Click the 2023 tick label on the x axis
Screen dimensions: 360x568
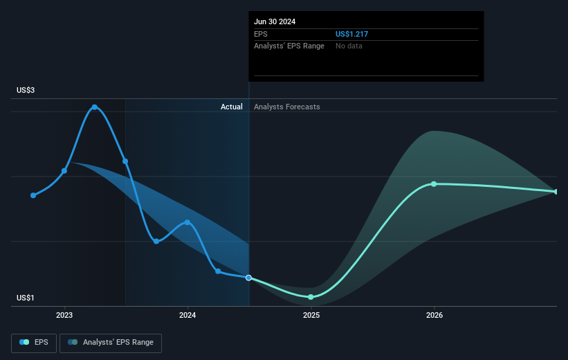pyautogui.click(x=64, y=315)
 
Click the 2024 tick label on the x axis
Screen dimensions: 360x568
pyautogui.click(x=187, y=315)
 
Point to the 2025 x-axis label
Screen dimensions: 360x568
pyautogui.click(x=311, y=315)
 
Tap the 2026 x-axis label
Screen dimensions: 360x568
pyautogui.click(x=434, y=315)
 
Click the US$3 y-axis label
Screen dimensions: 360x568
pyautogui.click(x=28, y=91)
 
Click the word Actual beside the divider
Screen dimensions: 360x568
pyautogui.click(x=232, y=107)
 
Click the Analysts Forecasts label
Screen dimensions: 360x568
pyautogui.click(x=287, y=107)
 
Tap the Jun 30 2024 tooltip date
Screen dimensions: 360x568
pyautogui.click(x=275, y=21)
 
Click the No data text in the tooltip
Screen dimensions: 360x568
pyautogui.click(x=349, y=46)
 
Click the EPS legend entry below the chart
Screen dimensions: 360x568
pyautogui.click(x=34, y=342)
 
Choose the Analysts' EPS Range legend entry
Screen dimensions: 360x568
pyautogui.click(x=111, y=342)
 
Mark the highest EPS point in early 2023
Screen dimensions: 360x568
pyautogui.click(x=95, y=107)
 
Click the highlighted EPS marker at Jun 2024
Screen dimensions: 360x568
pyautogui.click(x=249, y=278)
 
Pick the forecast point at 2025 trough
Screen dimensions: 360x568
pyautogui.click(x=311, y=296)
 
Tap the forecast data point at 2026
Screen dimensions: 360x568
pyautogui.click(x=434, y=184)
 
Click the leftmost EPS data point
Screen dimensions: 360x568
pyautogui.click(x=33, y=195)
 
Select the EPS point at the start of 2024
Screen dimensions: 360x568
pyautogui.click(x=187, y=222)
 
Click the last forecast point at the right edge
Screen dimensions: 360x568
pyautogui.click(x=556, y=192)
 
